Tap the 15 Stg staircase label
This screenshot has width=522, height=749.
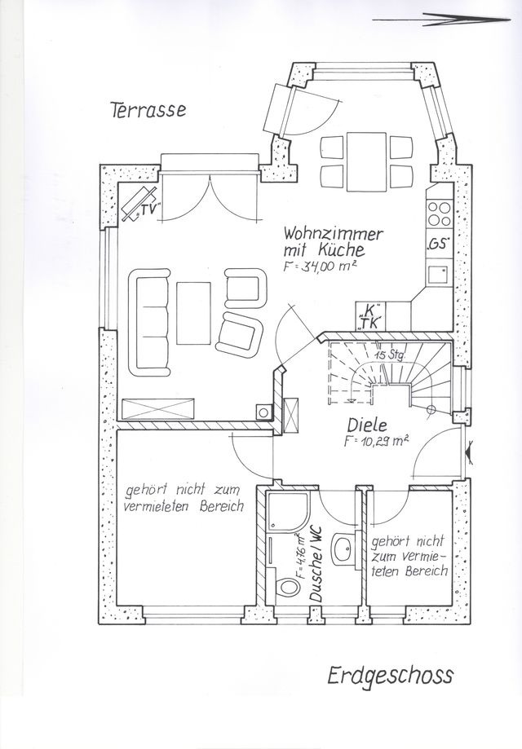tap(391, 355)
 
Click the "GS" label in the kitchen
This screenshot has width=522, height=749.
tap(438, 244)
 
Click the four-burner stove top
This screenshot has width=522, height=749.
tap(440, 211)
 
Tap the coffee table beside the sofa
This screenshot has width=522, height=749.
tap(192, 311)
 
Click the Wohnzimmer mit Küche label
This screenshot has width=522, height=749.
tap(332, 241)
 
